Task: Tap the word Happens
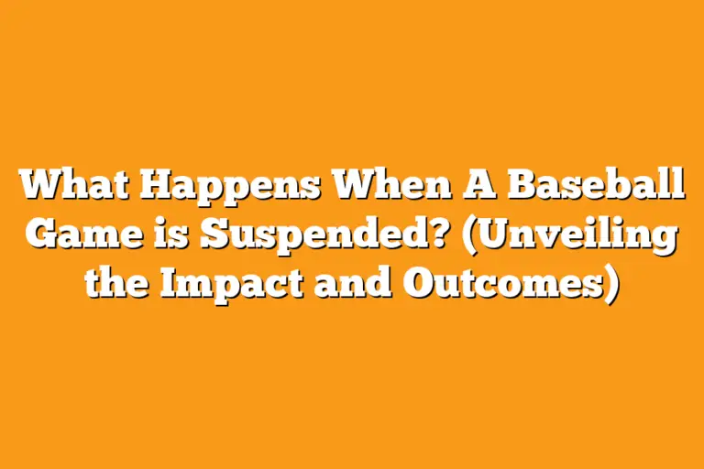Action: [232, 187]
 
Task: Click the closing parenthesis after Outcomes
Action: [611, 284]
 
